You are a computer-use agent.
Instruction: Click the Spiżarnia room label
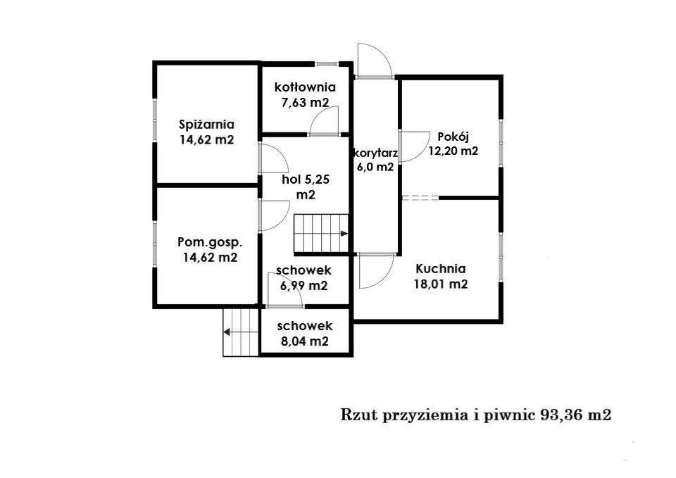206,125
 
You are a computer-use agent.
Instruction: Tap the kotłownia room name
304,87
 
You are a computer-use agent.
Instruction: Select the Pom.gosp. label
209,242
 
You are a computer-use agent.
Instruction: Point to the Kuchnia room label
440,268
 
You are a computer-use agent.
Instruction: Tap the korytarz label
375,153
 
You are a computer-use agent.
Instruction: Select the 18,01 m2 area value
440,284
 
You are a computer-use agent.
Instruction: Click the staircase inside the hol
321,234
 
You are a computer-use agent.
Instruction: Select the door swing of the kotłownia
325,120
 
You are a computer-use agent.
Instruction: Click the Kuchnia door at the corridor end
375,270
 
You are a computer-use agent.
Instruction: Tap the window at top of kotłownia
325,65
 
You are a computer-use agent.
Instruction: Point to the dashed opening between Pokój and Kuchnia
420,199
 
